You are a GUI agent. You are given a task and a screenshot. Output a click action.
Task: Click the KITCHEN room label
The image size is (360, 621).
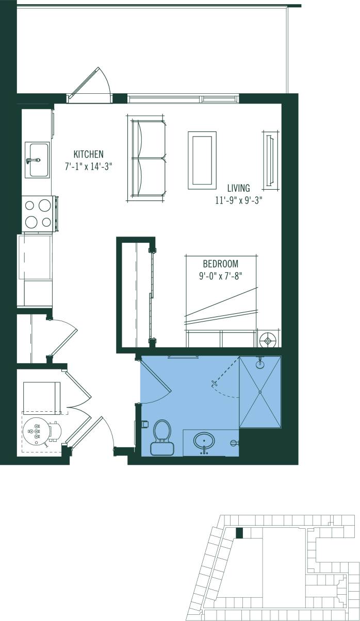tap(88, 154)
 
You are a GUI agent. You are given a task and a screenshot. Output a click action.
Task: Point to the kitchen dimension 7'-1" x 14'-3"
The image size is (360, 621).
tap(88, 166)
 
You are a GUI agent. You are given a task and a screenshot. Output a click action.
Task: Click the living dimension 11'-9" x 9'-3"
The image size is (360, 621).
tap(239, 200)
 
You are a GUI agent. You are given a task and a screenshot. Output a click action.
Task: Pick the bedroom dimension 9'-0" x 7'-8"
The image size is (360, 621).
tap(221, 276)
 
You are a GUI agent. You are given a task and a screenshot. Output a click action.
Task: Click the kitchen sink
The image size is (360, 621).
tap(37, 160)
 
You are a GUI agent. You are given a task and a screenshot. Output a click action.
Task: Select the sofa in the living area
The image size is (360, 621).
tap(148, 158)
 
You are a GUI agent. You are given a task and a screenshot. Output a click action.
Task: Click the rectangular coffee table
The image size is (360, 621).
tap(202, 160)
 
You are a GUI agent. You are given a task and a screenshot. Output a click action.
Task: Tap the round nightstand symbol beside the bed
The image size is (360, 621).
tap(268, 340)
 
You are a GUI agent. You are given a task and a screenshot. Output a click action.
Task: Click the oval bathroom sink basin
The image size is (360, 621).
tap(205, 441)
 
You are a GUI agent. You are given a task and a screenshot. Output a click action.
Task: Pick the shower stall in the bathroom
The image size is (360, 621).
tap(260, 392)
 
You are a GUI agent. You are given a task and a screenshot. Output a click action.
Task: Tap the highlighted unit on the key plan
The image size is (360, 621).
tap(239, 533)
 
